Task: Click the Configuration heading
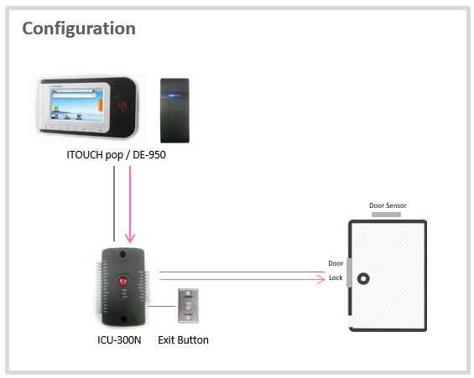(78, 28)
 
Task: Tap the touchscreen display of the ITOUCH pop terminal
(81, 109)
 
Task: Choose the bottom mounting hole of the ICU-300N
(126, 316)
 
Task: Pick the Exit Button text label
(183, 340)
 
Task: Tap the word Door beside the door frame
(336, 263)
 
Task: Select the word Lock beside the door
(336, 277)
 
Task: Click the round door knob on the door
(364, 277)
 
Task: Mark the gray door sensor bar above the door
(386, 215)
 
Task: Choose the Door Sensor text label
(388, 205)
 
